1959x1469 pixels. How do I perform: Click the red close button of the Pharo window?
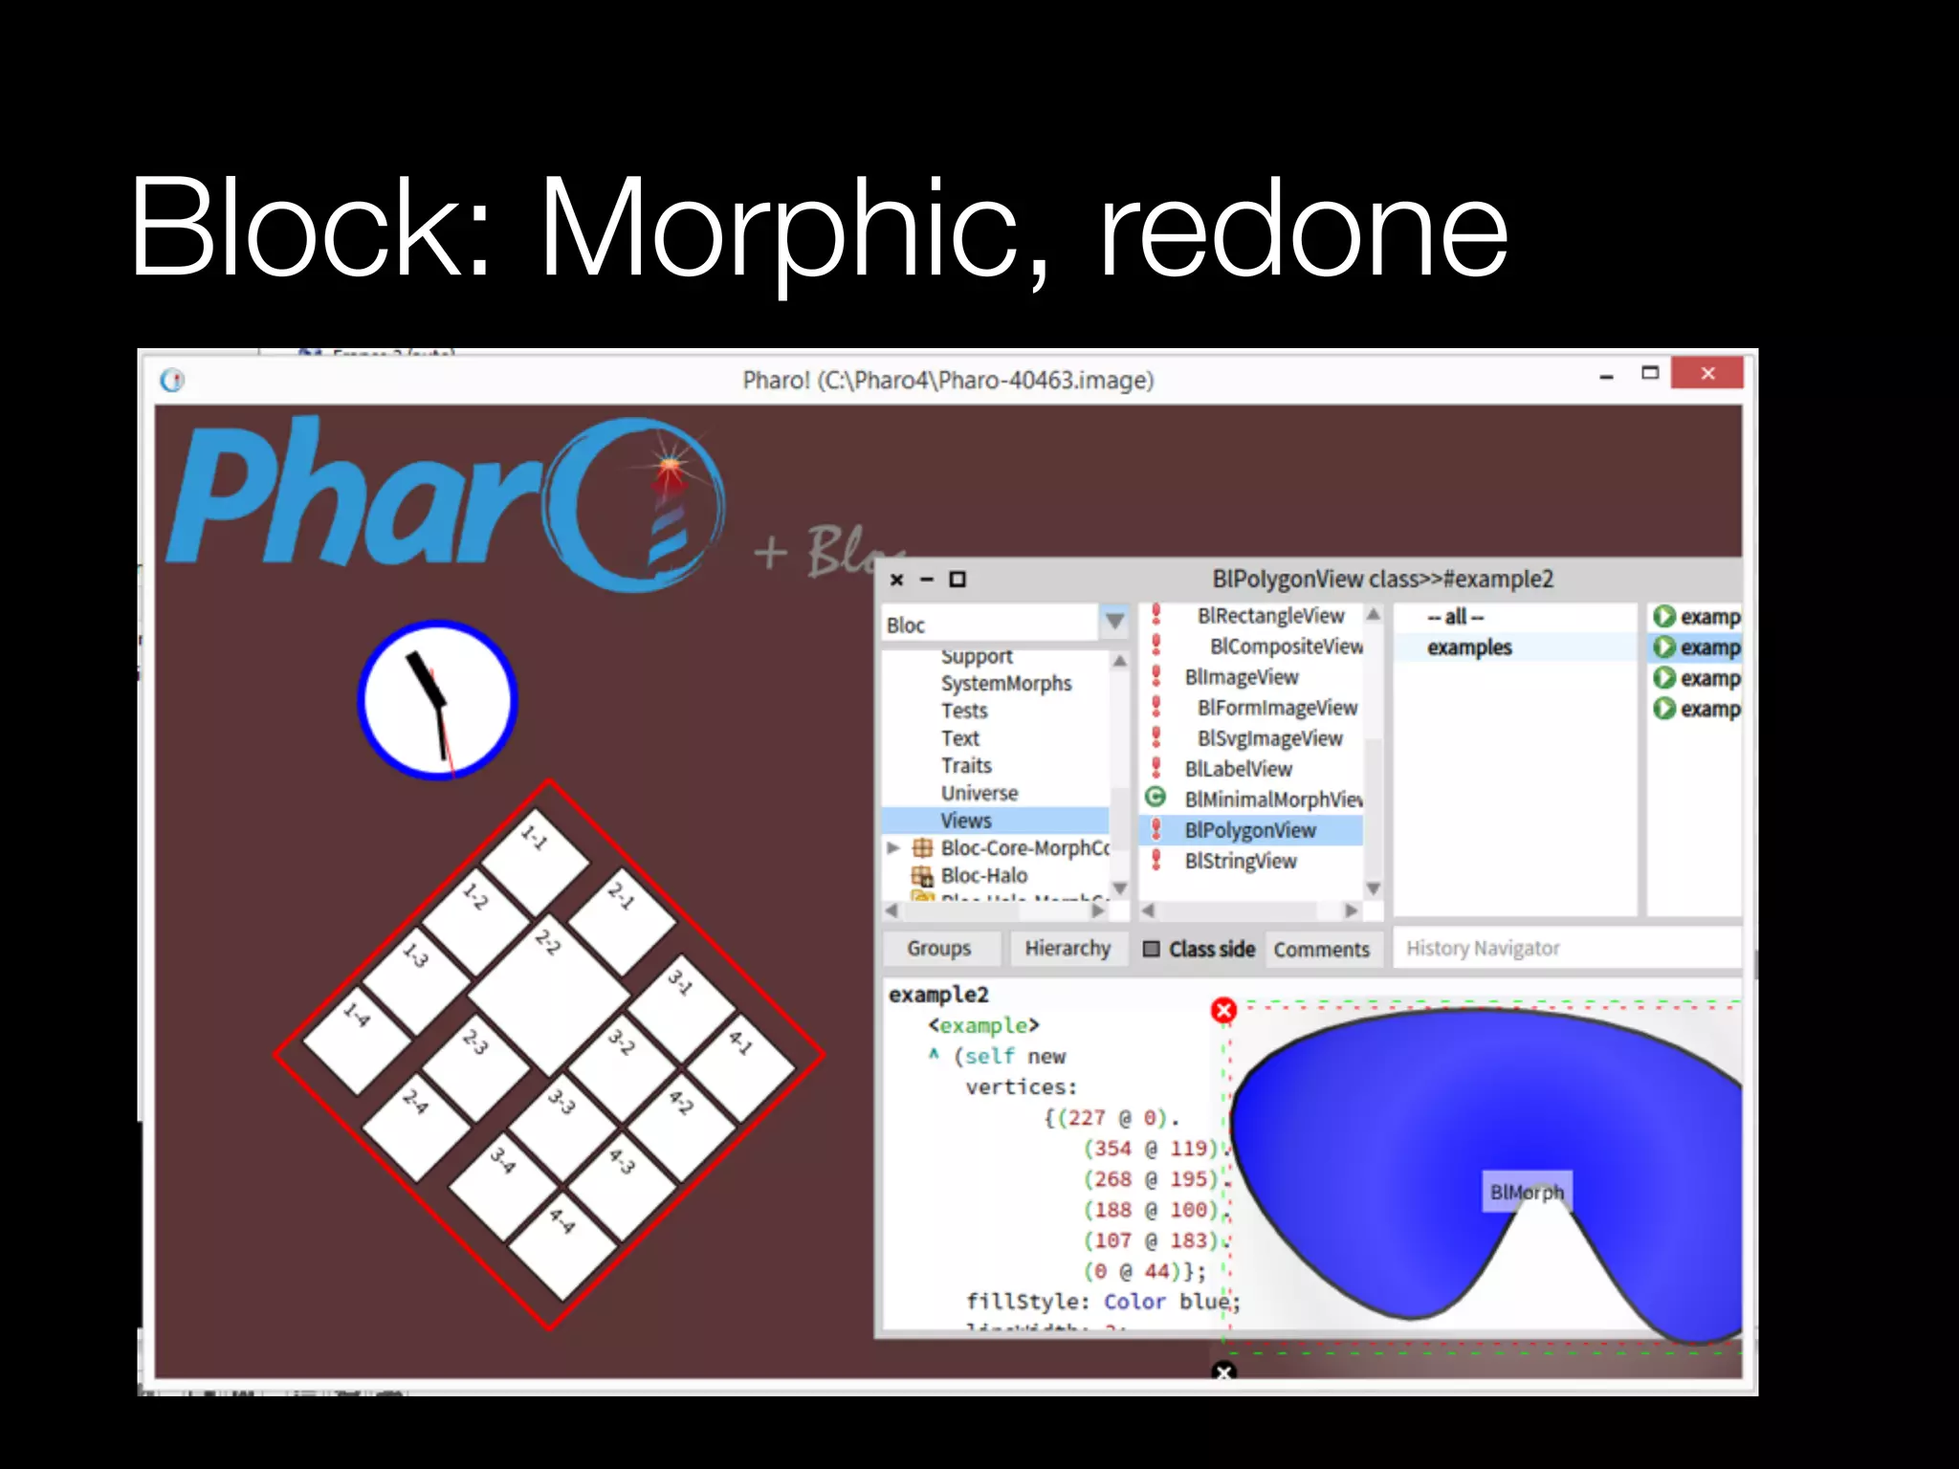(1706, 373)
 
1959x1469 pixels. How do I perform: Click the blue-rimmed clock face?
(437, 699)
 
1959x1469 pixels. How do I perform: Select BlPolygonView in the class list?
(1249, 830)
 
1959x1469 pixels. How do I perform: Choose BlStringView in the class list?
(1240, 861)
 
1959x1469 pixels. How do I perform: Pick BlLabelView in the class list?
(1238, 769)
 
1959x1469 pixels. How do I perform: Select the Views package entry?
(966, 821)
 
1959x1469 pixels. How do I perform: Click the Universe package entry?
(979, 793)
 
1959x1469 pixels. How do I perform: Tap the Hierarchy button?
(1068, 948)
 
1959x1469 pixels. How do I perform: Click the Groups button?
(938, 948)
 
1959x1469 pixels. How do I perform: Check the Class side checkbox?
(1152, 949)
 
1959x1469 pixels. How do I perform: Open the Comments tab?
(1321, 949)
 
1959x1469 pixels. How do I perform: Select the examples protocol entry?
(1469, 647)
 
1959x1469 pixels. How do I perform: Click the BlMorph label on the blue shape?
(1527, 1192)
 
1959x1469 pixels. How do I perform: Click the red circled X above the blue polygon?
(1223, 1010)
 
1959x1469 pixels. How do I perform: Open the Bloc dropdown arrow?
(1114, 622)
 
